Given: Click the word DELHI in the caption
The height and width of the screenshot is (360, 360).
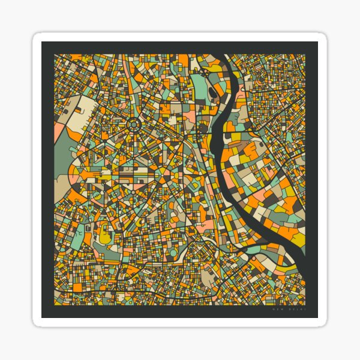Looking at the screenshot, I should click(x=298, y=311).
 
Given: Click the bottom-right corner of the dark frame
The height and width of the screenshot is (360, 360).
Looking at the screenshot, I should click(x=317, y=317).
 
